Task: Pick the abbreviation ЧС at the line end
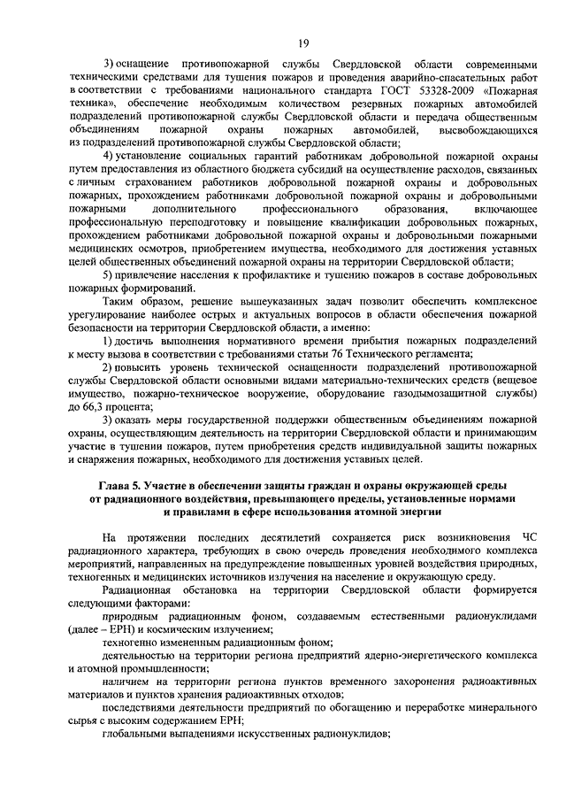pos(529,537)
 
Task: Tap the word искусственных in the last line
pos(278,736)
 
